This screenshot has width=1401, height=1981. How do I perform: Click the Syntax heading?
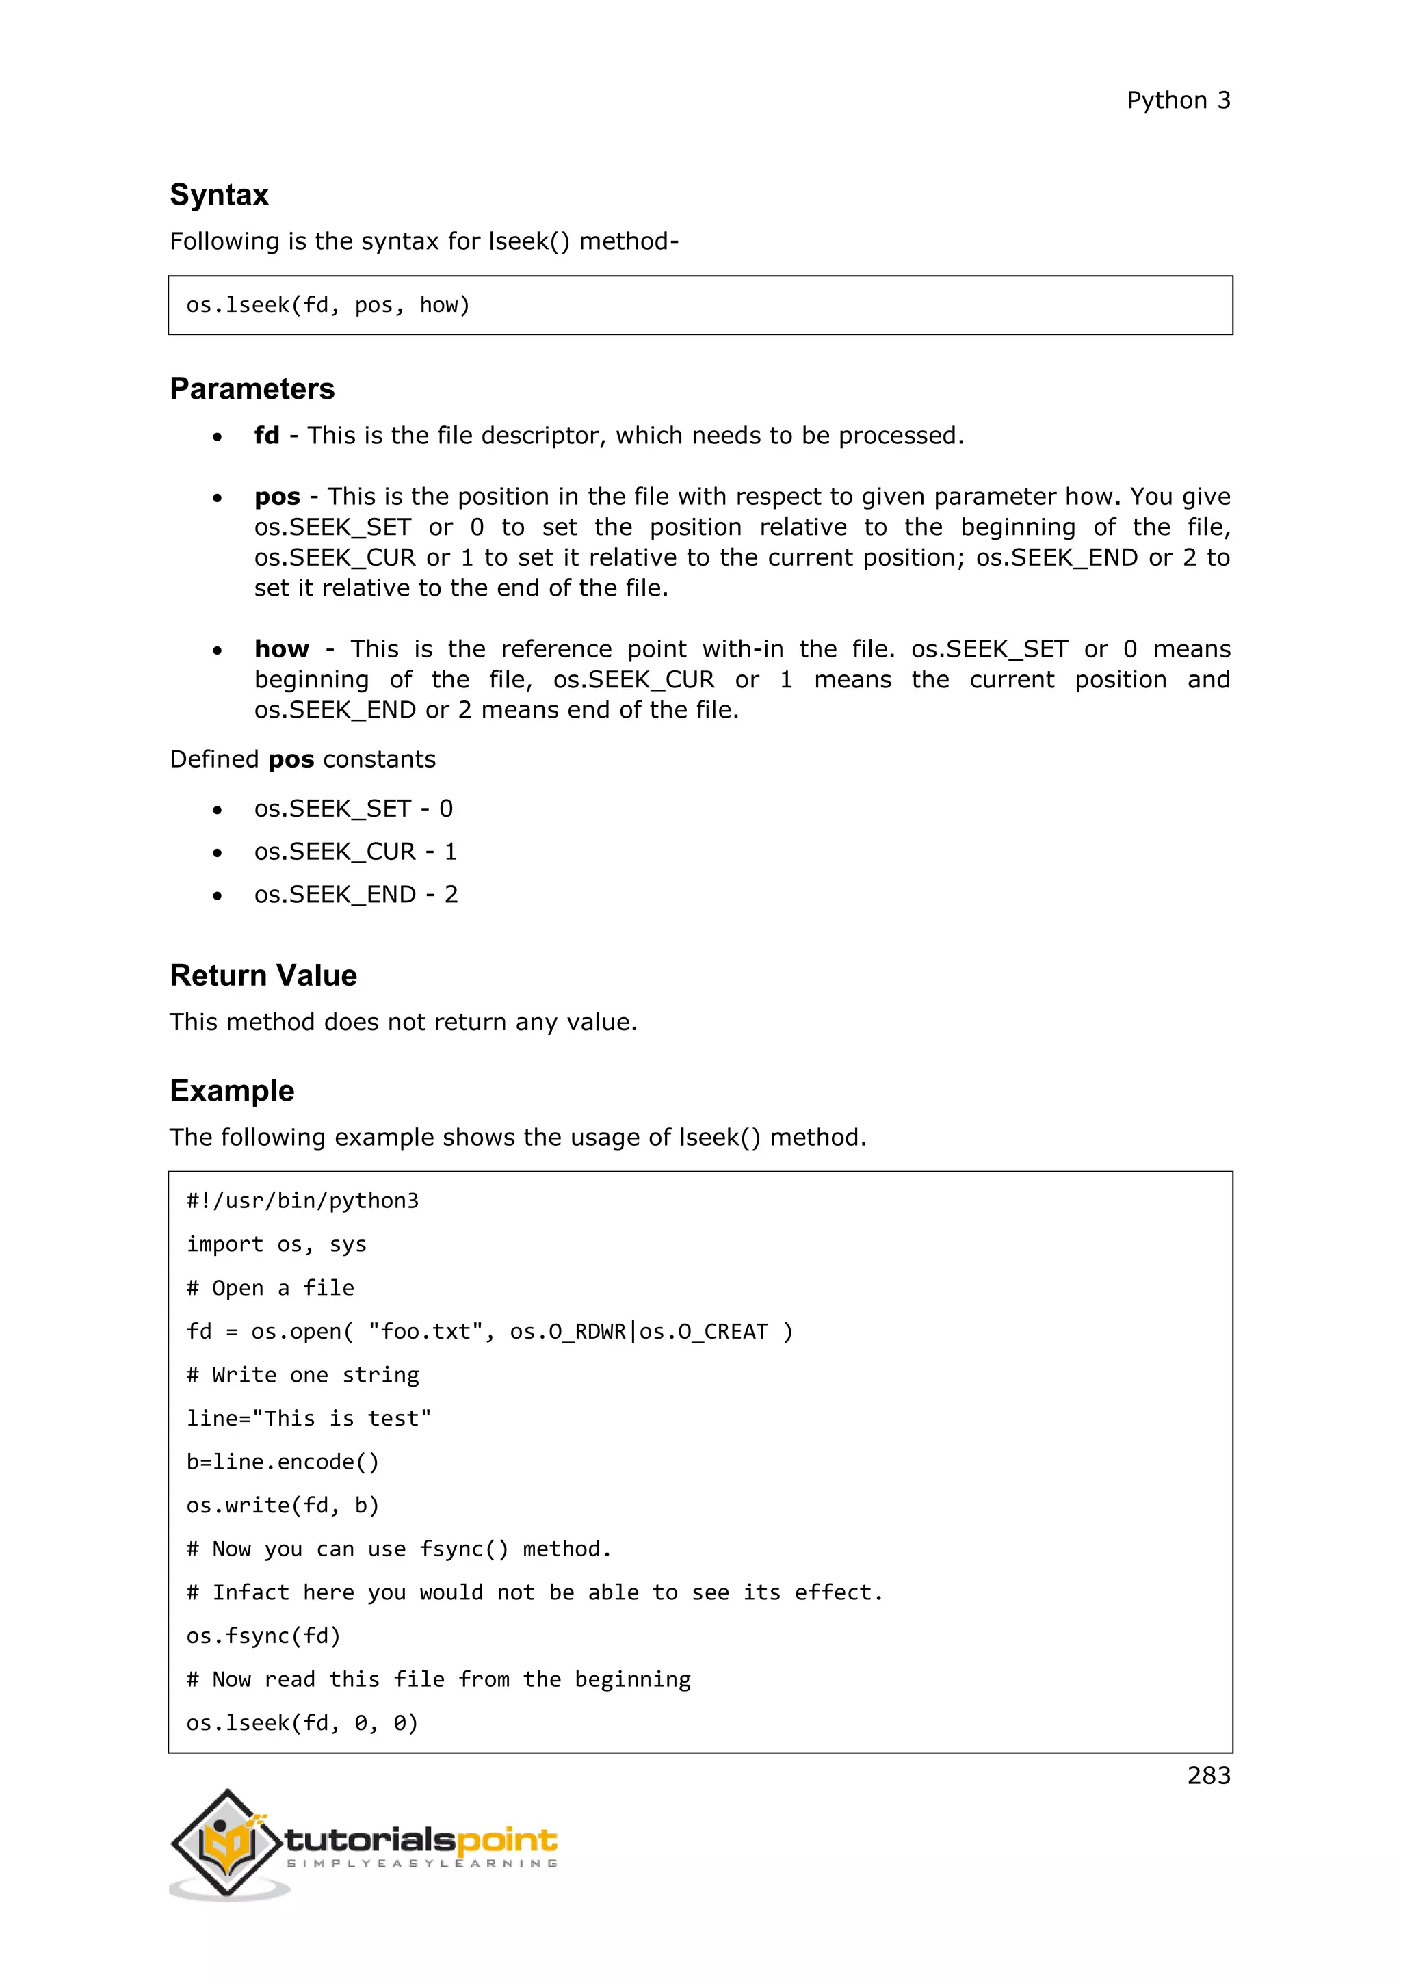(x=219, y=195)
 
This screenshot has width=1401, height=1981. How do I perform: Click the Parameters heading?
(x=252, y=389)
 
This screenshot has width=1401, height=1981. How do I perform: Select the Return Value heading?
(x=263, y=976)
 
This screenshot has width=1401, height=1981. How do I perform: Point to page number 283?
(x=1208, y=1776)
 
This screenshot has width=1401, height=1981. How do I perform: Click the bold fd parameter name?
(x=267, y=436)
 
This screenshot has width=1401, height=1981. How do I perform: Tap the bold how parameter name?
(x=281, y=649)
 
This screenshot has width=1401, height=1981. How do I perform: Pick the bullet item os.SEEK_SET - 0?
(x=353, y=809)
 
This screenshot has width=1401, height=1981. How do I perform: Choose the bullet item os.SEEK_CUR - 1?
(x=354, y=852)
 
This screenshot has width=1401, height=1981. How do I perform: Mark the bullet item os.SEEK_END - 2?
(x=356, y=895)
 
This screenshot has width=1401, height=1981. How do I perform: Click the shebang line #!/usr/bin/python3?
(x=302, y=1201)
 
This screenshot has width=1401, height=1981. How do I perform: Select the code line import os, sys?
(x=276, y=1244)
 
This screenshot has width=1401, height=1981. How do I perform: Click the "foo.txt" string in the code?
(x=424, y=1331)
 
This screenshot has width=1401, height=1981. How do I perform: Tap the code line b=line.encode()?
(x=282, y=1462)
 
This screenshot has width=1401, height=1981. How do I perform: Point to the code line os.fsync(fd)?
(x=263, y=1636)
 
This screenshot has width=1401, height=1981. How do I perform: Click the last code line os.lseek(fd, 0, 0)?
(x=302, y=1723)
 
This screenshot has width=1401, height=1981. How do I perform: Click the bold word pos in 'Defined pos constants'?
(x=291, y=760)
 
